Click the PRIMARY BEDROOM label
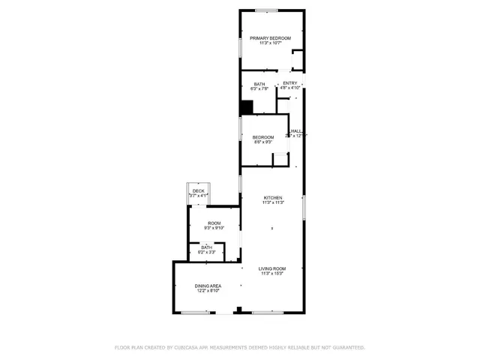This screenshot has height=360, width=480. tap(270, 37)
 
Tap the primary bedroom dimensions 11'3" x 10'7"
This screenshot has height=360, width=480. tap(270, 43)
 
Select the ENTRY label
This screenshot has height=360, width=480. tap(290, 82)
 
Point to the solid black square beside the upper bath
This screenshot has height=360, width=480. tap(246, 107)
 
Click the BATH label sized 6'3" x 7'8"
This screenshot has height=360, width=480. tap(259, 84)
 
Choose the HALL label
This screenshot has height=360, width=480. tap(298, 130)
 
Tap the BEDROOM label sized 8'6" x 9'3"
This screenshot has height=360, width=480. tap(262, 136)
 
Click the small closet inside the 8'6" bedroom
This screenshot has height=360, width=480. tap(280, 158)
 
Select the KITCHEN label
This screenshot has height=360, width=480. tap(272, 197)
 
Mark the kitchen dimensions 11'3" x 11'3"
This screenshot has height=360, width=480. tap(272, 202)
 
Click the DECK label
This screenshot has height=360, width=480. tap(198, 191)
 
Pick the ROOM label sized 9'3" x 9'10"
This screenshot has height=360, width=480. tap(214, 222)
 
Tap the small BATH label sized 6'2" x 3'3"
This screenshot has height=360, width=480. tap(206, 247)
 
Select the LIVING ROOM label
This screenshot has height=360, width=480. tap(272, 268)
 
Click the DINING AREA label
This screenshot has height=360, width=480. tap(208, 286)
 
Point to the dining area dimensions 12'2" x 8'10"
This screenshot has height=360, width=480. tap(208, 291)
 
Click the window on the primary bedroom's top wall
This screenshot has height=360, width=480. tap(266, 10)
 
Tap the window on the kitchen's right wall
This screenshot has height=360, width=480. tap(304, 206)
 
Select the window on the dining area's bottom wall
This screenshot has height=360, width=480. tap(196, 312)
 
